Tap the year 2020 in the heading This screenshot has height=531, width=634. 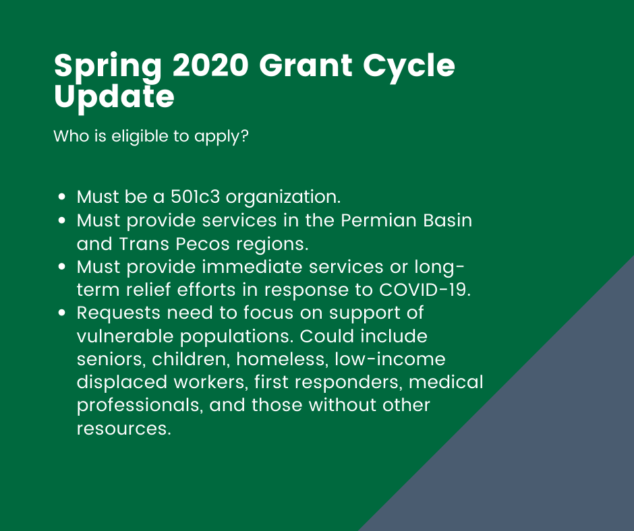click(x=210, y=65)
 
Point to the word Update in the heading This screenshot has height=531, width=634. click(x=114, y=98)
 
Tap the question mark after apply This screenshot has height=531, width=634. click(x=243, y=135)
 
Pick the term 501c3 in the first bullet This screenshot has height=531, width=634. click(x=196, y=197)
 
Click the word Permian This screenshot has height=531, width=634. click(x=378, y=220)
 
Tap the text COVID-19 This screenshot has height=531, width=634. click(x=425, y=290)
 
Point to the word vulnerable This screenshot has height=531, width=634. click(x=125, y=336)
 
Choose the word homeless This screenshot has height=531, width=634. click(x=282, y=359)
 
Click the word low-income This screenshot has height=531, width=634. click(x=391, y=359)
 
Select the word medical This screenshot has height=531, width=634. click(x=446, y=382)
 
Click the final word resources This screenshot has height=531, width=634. click(x=123, y=429)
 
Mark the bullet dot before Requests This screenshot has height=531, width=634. click(x=62, y=313)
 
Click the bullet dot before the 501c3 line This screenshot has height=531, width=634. click(x=62, y=197)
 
